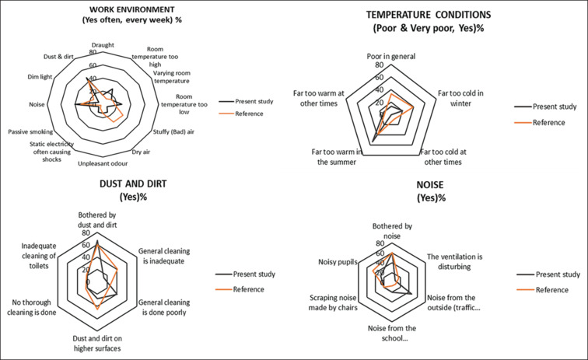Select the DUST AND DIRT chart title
pyautogui.click(x=111, y=183)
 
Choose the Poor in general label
pyautogui.click(x=393, y=57)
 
